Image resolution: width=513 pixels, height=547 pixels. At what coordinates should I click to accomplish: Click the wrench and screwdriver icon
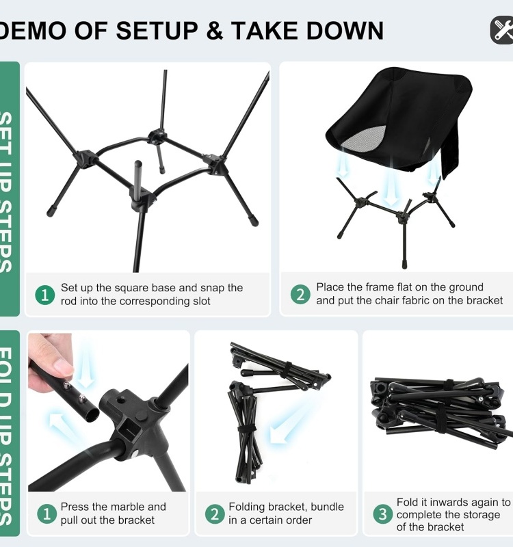click(503, 30)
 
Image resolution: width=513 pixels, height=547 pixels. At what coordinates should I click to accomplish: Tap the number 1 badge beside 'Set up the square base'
click(44, 295)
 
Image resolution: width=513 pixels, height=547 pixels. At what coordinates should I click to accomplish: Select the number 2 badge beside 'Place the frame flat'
click(300, 295)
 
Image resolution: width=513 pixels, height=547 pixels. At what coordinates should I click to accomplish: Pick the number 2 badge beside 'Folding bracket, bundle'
click(215, 513)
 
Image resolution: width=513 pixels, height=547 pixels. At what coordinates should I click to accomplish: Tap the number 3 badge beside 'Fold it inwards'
click(382, 513)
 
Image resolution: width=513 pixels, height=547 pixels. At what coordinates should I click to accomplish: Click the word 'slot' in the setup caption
click(197, 301)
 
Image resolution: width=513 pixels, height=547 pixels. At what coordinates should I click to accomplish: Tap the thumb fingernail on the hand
click(64, 366)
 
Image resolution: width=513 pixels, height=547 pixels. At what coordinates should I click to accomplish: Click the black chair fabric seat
click(404, 109)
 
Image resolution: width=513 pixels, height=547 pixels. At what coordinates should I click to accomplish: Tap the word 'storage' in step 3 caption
click(481, 514)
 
